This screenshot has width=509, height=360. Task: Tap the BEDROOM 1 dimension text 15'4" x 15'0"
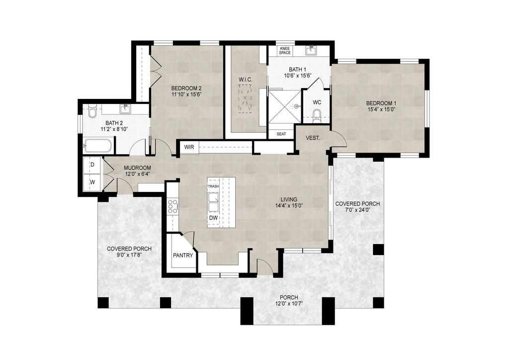382,110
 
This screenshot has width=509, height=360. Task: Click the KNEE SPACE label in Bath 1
285,50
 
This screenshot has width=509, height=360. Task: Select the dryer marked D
92,165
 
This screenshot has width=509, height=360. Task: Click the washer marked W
92,182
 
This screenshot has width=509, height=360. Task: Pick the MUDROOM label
137,168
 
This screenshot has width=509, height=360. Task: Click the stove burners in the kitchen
172,206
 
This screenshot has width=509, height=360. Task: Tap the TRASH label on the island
213,186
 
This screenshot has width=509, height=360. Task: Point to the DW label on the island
213,218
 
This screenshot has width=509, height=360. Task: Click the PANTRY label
183,255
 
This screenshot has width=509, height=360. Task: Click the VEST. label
312,138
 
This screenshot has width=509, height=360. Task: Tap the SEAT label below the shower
281,134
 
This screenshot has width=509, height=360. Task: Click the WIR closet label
189,147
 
